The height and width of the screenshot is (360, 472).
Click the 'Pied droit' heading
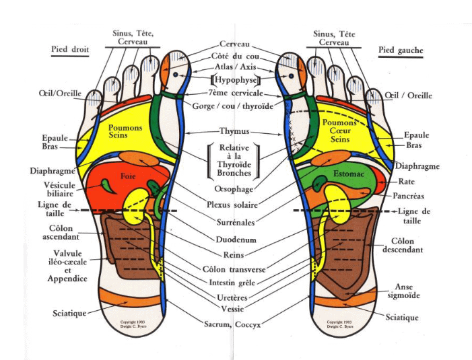tap(70, 49)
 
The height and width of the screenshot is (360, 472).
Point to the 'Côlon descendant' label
tap(407, 245)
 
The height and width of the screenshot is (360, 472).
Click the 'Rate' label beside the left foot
tap(407, 181)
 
